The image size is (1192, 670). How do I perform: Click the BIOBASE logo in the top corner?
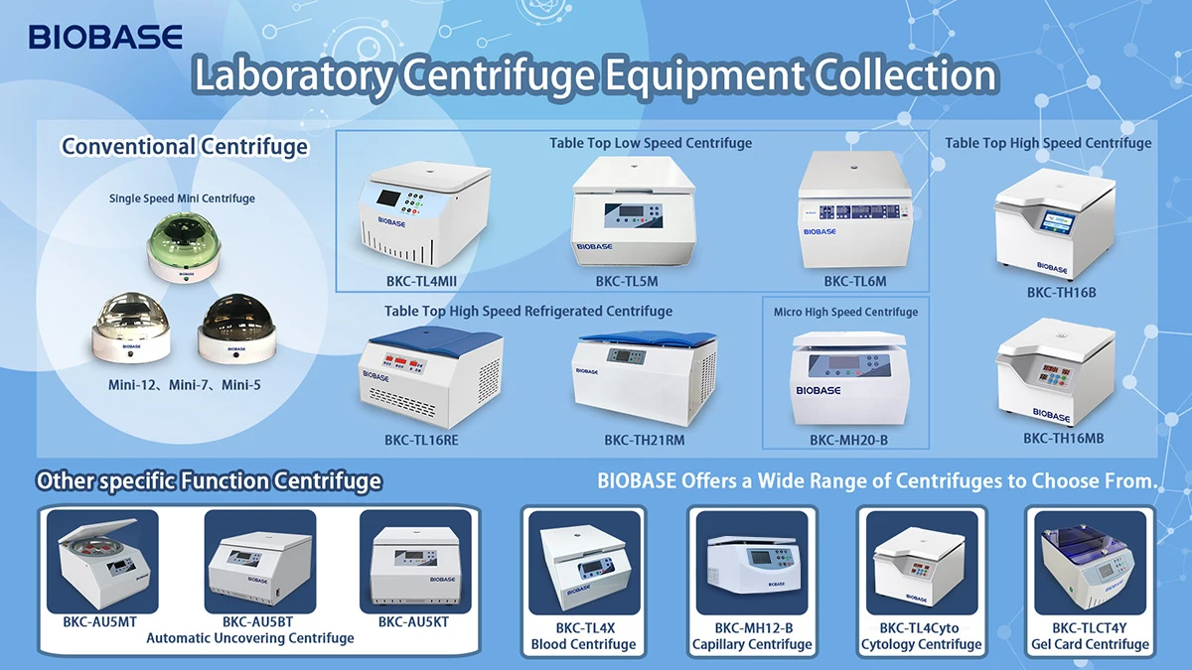tap(105, 38)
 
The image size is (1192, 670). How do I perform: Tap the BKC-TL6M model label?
tap(854, 282)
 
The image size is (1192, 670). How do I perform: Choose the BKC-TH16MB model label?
tap(1064, 438)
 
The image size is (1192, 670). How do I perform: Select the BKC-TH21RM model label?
tap(644, 440)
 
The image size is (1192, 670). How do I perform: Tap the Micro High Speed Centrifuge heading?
tap(845, 312)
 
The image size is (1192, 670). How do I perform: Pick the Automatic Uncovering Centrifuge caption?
tap(250, 638)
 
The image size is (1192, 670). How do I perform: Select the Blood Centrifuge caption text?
tap(583, 644)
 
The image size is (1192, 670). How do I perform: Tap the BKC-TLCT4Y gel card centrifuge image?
tap(1090, 563)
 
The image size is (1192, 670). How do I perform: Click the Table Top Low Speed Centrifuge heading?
tap(651, 143)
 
